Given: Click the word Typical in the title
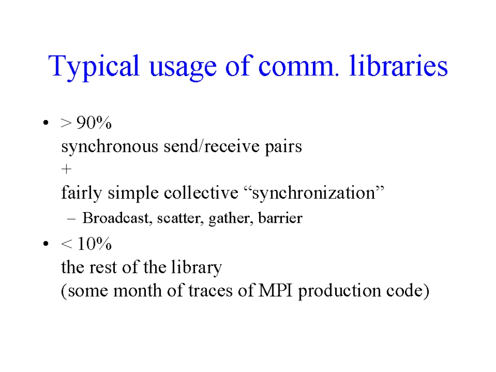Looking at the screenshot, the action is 94,67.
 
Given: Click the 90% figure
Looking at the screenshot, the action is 94,123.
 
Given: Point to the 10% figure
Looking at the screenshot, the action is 94,244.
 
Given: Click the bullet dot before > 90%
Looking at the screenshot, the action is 46,123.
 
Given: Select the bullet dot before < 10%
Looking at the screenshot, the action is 46,244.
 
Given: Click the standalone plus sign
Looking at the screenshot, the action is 66,169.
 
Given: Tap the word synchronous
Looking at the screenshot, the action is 109,147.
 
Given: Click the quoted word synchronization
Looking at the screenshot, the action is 314,193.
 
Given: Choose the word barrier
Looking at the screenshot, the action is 280,217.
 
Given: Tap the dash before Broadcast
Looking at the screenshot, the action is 72,218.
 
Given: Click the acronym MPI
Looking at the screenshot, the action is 276,290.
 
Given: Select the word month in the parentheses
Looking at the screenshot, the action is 138,290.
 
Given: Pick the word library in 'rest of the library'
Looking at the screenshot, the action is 197,268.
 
